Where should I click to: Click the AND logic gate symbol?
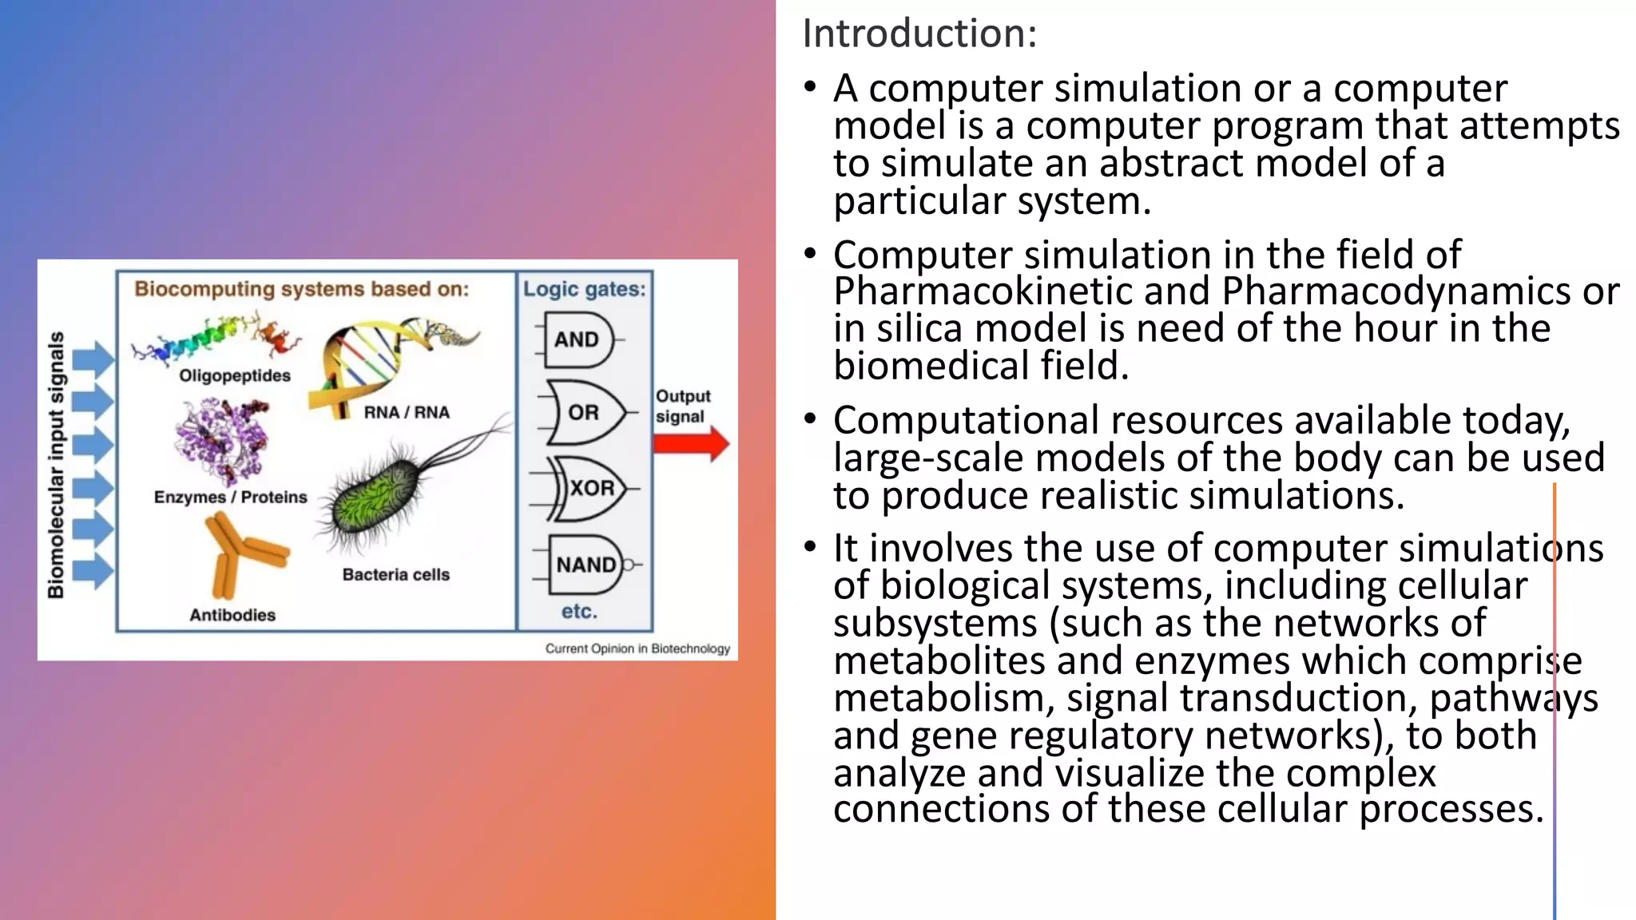(x=578, y=340)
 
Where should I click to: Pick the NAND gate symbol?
(x=587, y=565)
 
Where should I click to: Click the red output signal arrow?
(x=691, y=444)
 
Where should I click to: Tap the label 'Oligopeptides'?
(x=235, y=375)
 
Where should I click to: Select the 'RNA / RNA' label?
(x=407, y=412)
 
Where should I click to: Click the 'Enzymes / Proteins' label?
(x=230, y=497)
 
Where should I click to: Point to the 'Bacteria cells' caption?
(x=395, y=574)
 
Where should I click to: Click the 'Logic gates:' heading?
(x=584, y=289)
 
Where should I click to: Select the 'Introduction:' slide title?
(x=919, y=34)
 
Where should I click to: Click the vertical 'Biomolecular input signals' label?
(x=55, y=465)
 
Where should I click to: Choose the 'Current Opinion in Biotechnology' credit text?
(x=637, y=648)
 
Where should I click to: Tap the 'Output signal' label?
(x=682, y=406)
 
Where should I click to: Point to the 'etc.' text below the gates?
(x=579, y=612)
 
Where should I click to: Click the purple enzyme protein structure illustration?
(x=222, y=440)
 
